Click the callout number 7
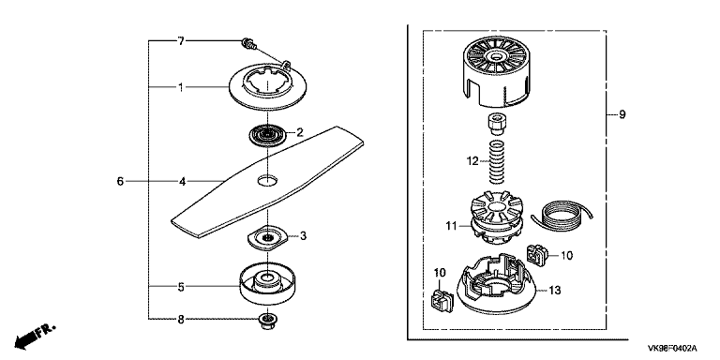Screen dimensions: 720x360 181,41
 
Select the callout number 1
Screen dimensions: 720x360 181,87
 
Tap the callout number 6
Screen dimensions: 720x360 120,181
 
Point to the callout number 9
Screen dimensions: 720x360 622,113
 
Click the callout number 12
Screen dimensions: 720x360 472,161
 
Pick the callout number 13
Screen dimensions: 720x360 555,291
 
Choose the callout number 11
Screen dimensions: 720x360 451,225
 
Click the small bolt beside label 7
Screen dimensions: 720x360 248,44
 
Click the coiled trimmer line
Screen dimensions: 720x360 562,215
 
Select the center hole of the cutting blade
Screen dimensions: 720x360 268,180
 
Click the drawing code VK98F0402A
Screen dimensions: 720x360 672,349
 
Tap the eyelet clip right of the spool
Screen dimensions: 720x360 535,254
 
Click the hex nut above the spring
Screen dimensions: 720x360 496,124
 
